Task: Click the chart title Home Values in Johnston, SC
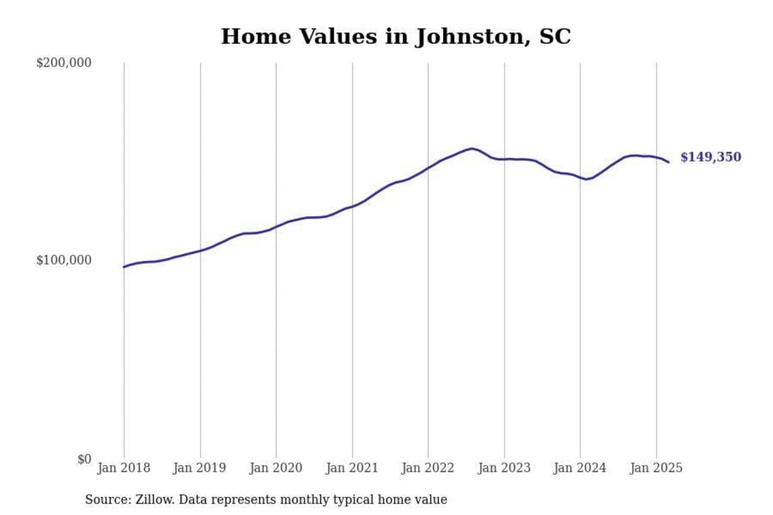(x=396, y=36)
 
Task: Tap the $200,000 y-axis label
(x=63, y=63)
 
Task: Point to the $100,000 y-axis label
(x=63, y=260)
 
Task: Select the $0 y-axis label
(x=84, y=459)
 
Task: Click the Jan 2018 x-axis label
(x=123, y=468)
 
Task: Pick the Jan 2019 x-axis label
(x=200, y=468)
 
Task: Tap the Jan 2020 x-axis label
(x=276, y=468)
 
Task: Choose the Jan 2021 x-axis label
(x=352, y=468)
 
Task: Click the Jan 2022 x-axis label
(x=428, y=468)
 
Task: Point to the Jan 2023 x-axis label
(x=504, y=468)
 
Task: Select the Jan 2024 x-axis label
(x=580, y=468)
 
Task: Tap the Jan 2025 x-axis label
(x=656, y=468)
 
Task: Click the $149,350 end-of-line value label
(x=711, y=157)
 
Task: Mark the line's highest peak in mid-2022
(x=472, y=148)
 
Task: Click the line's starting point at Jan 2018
(x=124, y=267)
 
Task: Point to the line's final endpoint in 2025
(x=668, y=162)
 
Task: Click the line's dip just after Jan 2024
(x=587, y=179)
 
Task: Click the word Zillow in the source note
(x=155, y=499)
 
